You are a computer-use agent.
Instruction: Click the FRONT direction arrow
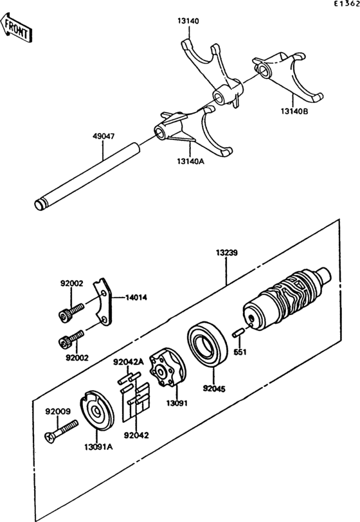(x=15, y=28)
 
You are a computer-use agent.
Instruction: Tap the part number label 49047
(x=104, y=136)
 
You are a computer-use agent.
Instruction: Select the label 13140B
(x=294, y=111)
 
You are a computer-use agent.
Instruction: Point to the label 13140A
(x=190, y=161)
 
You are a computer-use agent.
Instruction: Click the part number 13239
(x=226, y=253)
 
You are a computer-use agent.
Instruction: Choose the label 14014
(x=136, y=297)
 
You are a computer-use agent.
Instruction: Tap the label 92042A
(x=128, y=362)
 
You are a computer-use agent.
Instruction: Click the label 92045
(x=214, y=388)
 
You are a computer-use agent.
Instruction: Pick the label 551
(x=240, y=352)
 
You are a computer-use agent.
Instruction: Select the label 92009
(x=58, y=411)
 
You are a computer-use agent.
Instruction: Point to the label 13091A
(x=98, y=447)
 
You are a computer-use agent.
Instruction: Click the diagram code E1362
(x=347, y=4)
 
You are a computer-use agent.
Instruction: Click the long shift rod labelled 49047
(x=87, y=176)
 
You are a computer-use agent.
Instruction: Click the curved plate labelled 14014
(x=104, y=301)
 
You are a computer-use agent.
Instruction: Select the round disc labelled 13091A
(x=96, y=413)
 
